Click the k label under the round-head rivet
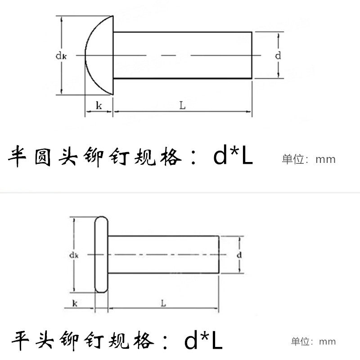pos(98,106)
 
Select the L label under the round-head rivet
pos(182,105)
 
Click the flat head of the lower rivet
pos(101,255)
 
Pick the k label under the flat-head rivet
pos(74,303)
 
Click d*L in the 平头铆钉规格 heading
pos(203,342)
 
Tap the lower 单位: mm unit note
pos(313,342)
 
